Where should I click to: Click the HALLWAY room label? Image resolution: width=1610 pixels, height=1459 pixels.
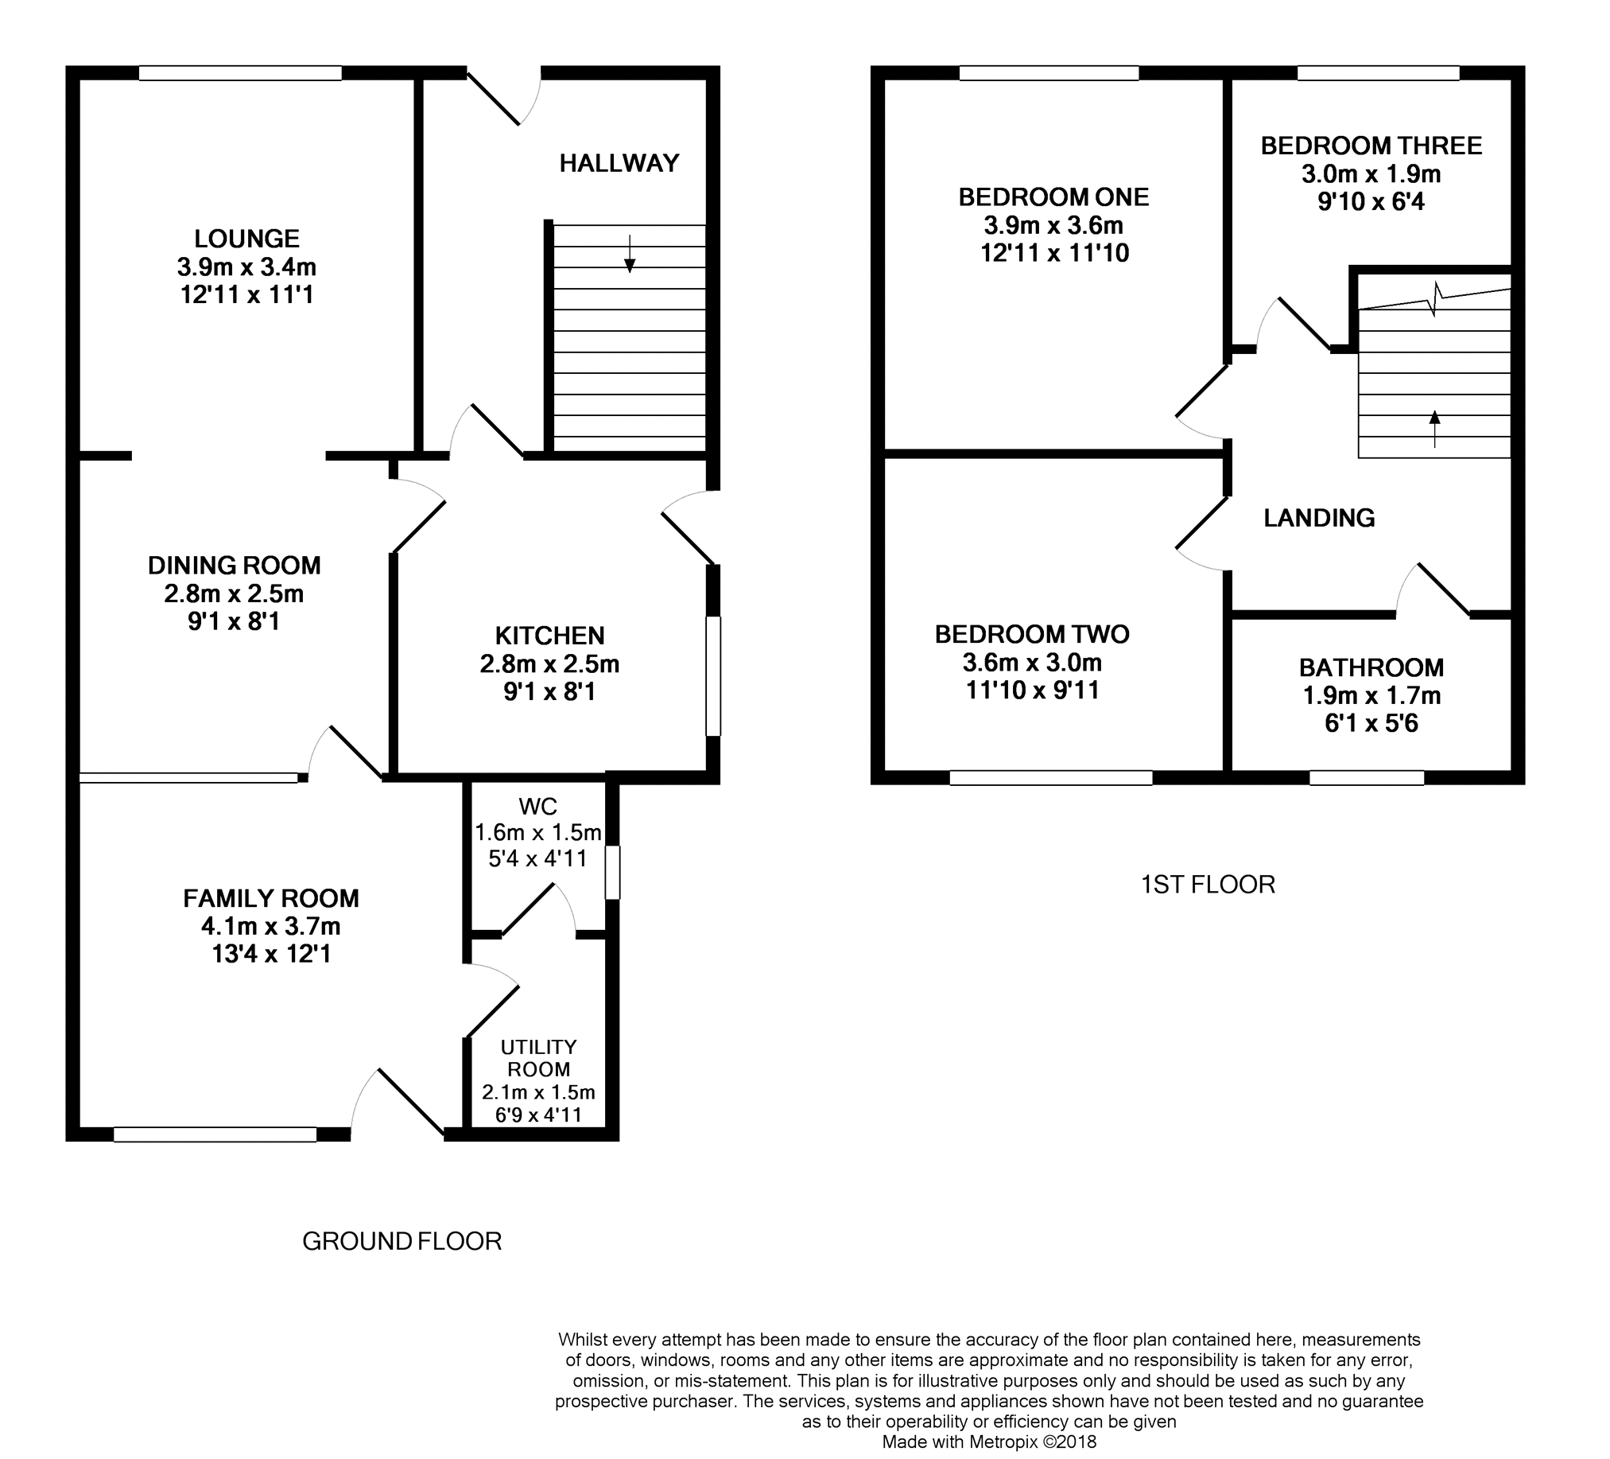coord(619,163)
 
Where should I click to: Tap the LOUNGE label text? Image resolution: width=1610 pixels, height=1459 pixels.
coord(246,238)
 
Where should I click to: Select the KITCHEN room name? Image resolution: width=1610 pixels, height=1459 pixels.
coord(549,635)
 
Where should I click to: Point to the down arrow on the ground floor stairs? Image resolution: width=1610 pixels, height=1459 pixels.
coord(630,253)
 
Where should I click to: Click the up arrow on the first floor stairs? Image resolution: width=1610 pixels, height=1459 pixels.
coord(1434,429)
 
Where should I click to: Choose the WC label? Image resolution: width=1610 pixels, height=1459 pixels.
coord(538,806)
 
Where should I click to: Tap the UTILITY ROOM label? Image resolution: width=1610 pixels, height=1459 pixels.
coord(539,1058)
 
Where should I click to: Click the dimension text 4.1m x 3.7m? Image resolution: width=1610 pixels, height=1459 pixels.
coord(271,926)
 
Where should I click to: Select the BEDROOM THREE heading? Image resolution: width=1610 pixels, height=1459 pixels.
coord(1371,146)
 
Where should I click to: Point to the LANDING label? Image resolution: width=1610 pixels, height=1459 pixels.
coord(1319,518)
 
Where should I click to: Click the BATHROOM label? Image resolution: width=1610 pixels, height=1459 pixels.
coord(1371,667)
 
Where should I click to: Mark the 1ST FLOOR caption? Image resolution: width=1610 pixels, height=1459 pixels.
coord(1208,885)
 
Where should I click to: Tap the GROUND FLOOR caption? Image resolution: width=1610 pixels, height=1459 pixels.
coord(402,1241)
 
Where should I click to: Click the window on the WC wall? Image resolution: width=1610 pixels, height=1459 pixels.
coord(611,873)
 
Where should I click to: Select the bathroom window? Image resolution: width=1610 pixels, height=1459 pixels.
coord(1367,777)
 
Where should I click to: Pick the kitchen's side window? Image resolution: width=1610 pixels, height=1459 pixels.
coord(713,675)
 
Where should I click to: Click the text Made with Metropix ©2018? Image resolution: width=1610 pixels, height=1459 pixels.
coord(989,1442)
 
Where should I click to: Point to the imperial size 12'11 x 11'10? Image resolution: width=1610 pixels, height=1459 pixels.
coord(1054,253)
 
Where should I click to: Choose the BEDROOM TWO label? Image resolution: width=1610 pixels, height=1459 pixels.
coord(1032,634)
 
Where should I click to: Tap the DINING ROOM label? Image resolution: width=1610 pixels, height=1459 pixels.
coord(234,566)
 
